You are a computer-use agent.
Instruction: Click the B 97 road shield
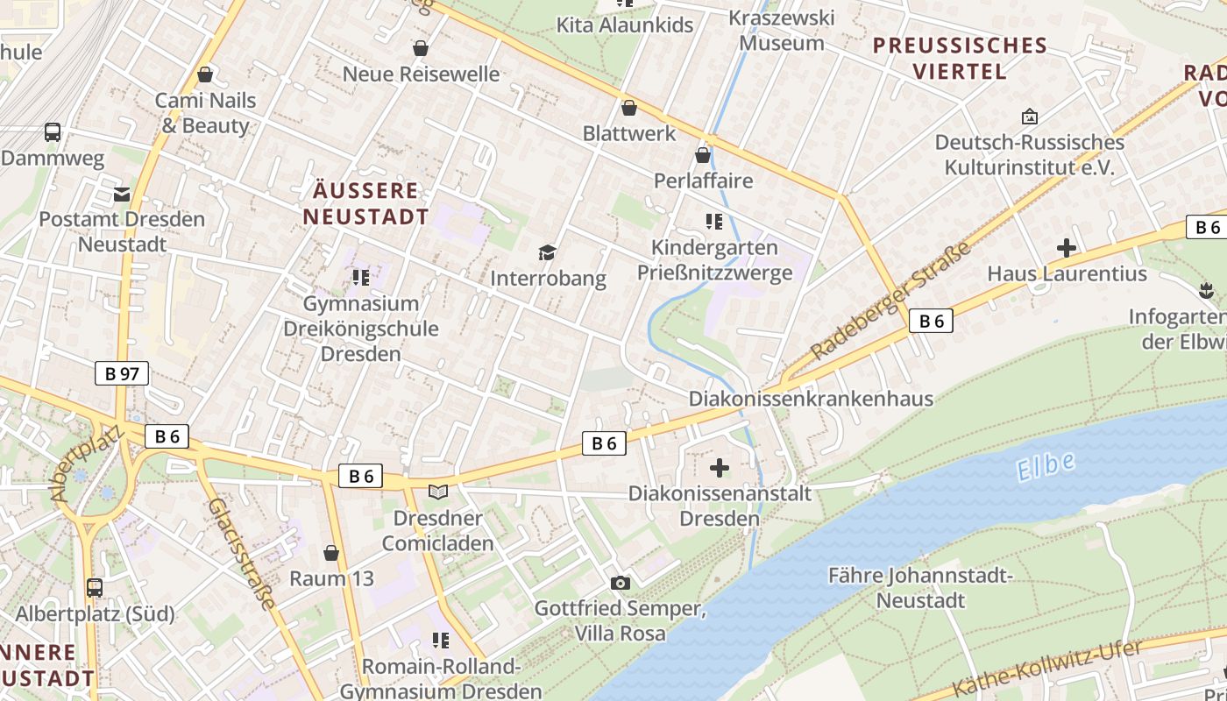click(x=122, y=374)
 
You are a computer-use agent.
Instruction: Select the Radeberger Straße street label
click(x=890, y=301)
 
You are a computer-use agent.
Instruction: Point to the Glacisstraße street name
click(x=242, y=554)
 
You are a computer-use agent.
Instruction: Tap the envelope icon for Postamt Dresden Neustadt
click(x=122, y=194)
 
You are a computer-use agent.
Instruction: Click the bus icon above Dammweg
click(x=53, y=132)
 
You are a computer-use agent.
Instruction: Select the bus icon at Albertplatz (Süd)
click(x=95, y=588)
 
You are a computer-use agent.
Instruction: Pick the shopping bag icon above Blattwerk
click(x=628, y=108)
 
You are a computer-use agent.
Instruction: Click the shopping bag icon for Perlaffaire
click(x=703, y=155)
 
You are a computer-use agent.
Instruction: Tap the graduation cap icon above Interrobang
click(x=548, y=253)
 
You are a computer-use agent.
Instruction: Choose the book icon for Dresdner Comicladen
click(x=437, y=492)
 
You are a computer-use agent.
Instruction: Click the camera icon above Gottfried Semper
click(x=620, y=583)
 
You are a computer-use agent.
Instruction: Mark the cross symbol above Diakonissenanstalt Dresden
click(x=720, y=468)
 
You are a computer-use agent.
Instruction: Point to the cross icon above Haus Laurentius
click(x=1067, y=249)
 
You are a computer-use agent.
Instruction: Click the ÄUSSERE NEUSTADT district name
click(x=366, y=204)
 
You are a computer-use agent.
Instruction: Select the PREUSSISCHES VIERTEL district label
click(x=960, y=59)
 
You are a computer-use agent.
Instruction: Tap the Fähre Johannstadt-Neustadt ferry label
click(x=920, y=588)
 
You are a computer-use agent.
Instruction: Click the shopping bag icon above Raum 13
click(x=331, y=553)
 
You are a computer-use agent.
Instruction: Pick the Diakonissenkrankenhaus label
click(x=811, y=399)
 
